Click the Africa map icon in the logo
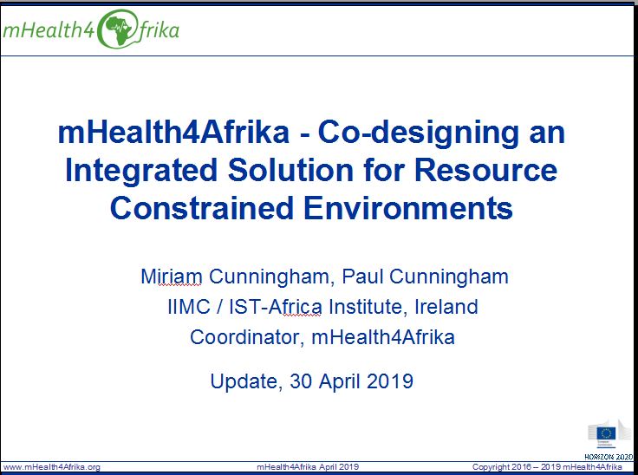[118, 29]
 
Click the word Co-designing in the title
[418, 133]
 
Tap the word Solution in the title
[290, 169]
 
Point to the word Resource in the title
[485, 169]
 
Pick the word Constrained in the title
[201, 207]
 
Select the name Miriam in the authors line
[172, 277]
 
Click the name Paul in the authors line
[362, 277]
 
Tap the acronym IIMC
[189, 307]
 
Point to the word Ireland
[446, 307]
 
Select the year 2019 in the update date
[390, 381]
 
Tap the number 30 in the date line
[302, 381]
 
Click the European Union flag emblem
[606, 433]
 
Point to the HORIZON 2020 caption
[609, 457]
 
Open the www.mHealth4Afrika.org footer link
[51, 467]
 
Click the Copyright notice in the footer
[547, 467]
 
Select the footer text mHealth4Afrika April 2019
[308, 467]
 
